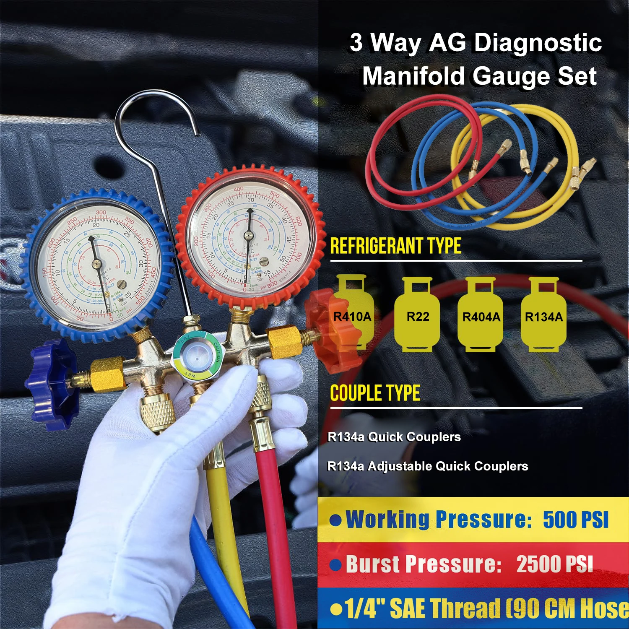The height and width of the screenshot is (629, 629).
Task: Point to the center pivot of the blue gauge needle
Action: pos(97,263)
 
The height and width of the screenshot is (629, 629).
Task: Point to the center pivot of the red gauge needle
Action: pos(248,235)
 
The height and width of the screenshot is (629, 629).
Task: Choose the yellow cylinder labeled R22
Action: pos(417,314)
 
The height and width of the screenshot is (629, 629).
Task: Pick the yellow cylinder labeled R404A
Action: pos(481,314)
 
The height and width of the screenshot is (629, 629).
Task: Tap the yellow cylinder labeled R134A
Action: pos(543,314)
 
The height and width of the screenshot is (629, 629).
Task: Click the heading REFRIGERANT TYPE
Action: pos(395,246)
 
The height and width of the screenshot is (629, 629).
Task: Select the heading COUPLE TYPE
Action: pos(375,393)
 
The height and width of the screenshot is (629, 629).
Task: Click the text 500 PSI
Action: pos(575,520)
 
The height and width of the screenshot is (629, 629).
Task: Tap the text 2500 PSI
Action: pos(554,564)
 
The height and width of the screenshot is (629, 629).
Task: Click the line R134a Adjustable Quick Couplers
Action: pos(427,466)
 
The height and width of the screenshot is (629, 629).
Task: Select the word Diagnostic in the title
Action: pos(538,42)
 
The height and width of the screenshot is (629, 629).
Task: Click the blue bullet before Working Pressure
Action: pos(335,520)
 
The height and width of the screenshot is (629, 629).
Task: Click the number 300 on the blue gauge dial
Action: pos(101,213)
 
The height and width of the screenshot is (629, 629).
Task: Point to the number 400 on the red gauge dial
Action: pos(238,190)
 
